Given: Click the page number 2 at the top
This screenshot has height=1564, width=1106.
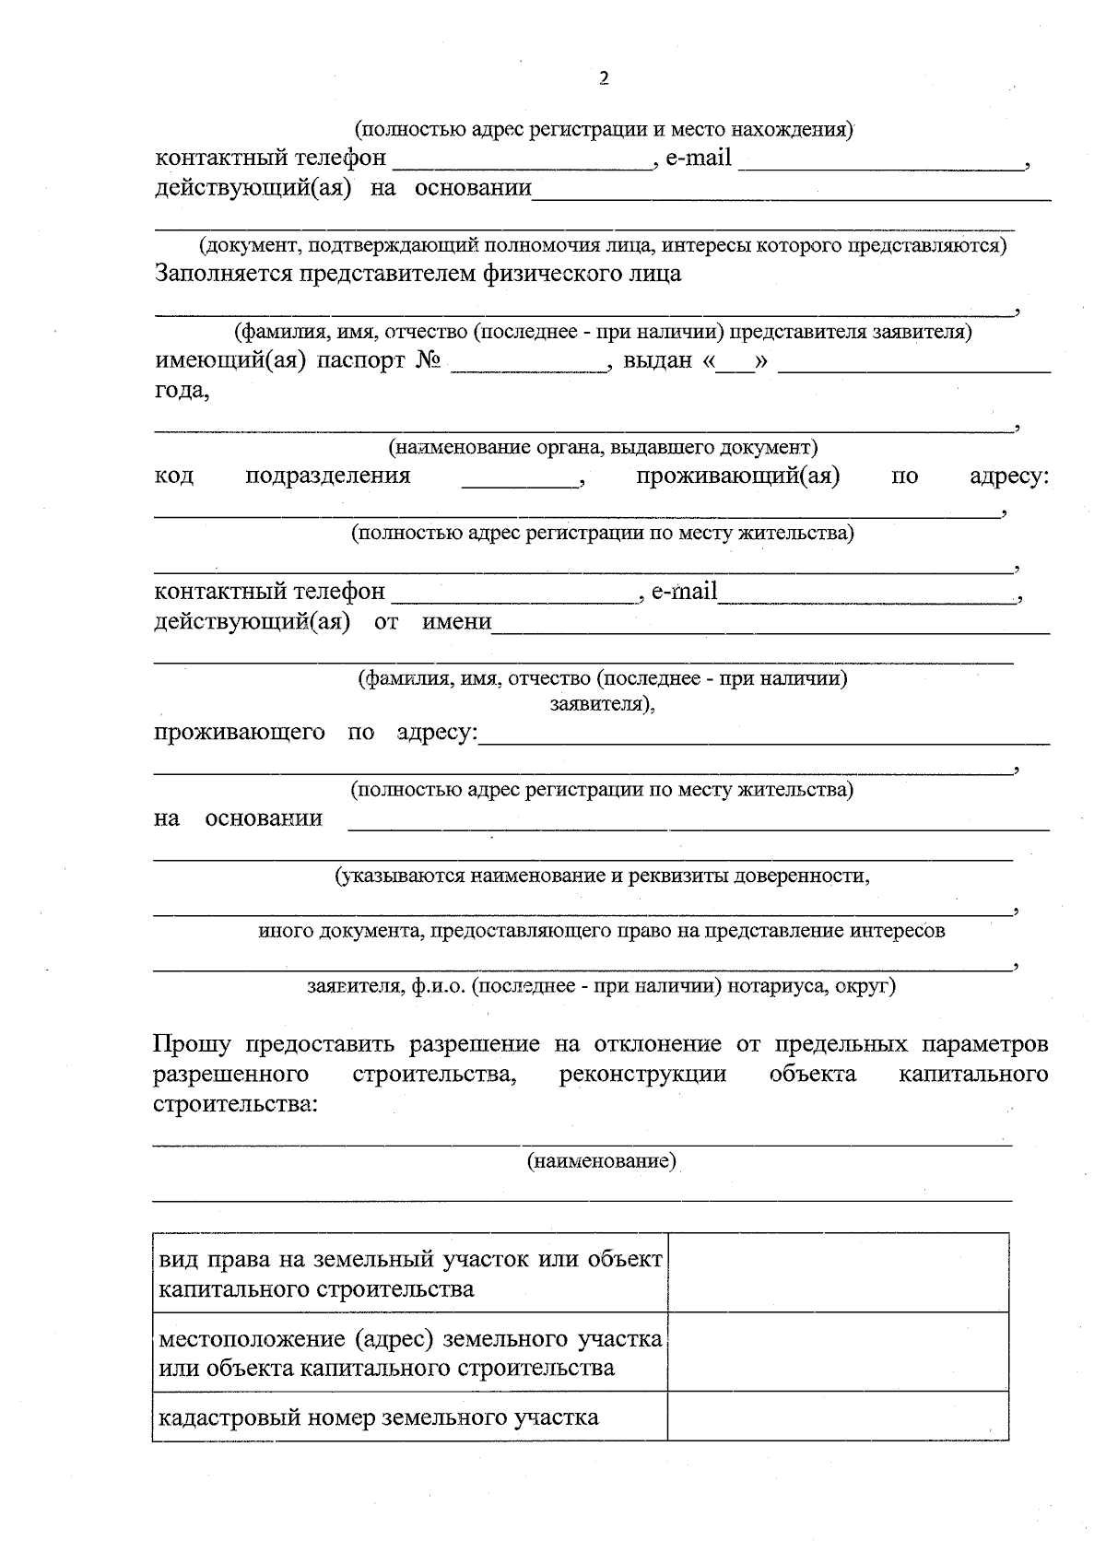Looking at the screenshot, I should (605, 78).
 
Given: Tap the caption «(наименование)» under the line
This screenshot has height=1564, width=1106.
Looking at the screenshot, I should (602, 1161).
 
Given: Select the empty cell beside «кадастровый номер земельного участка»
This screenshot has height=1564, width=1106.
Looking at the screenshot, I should (838, 1417).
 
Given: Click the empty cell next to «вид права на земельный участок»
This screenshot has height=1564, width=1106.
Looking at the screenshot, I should (838, 1273).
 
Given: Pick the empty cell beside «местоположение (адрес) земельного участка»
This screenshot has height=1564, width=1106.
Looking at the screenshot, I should (838, 1352).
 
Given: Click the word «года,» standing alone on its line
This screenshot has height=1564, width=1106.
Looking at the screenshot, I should (182, 391).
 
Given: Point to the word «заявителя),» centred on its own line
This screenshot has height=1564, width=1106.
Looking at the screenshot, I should (602, 705).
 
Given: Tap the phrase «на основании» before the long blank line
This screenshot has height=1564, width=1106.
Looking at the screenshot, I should (238, 818).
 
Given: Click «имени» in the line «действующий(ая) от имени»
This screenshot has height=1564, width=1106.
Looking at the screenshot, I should (456, 621).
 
